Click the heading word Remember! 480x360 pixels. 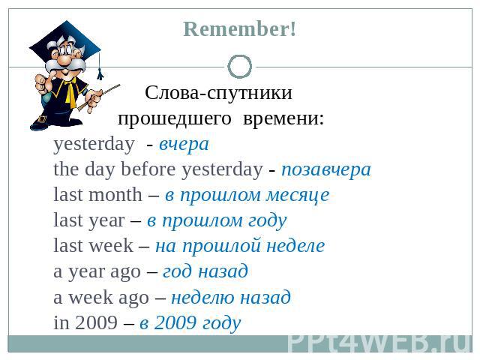tap(240, 29)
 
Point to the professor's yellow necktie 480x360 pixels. tap(71, 91)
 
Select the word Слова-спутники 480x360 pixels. tap(218, 92)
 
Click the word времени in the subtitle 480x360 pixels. tap(283, 118)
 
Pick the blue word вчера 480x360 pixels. tap(184, 144)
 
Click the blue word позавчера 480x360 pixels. tap(326, 169)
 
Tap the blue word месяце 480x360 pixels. tap(298, 195)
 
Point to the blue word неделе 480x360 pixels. tap(295, 245)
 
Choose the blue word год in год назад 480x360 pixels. tap(178, 271)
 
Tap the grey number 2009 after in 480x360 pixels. tap(96, 322)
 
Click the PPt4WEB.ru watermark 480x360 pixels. tap(379, 343)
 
